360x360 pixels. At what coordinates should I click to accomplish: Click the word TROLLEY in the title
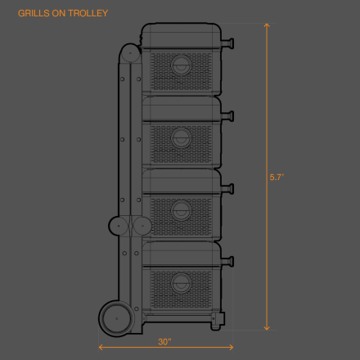(x=88, y=13)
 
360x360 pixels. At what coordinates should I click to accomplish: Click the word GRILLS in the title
(x=34, y=13)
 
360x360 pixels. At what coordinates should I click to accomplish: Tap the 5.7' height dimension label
(x=277, y=178)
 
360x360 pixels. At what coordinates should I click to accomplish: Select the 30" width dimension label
(x=164, y=342)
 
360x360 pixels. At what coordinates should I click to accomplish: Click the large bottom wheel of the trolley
(x=117, y=318)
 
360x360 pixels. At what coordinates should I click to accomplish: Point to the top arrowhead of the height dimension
(x=267, y=25)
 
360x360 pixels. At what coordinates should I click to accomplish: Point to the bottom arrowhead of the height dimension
(x=267, y=328)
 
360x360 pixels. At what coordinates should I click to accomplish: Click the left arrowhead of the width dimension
(x=101, y=347)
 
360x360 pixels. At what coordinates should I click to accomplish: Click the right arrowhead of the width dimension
(x=231, y=347)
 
